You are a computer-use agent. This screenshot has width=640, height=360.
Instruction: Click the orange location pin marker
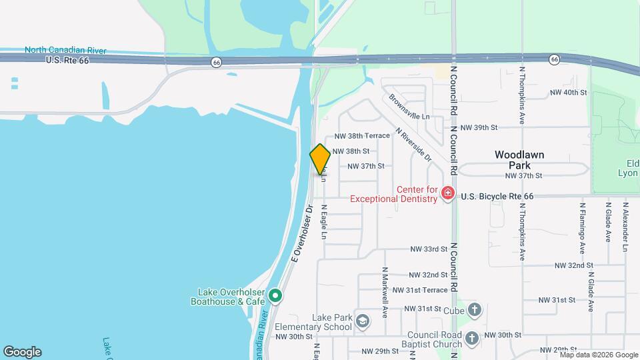320,159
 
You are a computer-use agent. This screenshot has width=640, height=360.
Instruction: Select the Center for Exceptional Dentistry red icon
447,194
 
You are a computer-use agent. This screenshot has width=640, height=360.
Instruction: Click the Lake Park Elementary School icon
362,321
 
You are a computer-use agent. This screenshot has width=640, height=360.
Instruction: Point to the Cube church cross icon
474,309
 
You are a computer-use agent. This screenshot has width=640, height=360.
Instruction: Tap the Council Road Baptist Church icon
472,339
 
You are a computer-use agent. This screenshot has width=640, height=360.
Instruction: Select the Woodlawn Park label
519,159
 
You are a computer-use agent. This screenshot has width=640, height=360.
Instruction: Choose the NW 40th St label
567,93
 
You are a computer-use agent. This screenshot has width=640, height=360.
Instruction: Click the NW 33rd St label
428,249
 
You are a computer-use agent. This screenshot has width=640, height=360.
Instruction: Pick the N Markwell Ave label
385,292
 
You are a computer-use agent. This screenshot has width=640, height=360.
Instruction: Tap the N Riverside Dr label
413,145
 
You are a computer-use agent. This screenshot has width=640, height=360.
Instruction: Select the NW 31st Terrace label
420,290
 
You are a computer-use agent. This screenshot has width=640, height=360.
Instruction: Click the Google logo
22,352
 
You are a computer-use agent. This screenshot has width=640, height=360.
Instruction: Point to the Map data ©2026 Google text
599,355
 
